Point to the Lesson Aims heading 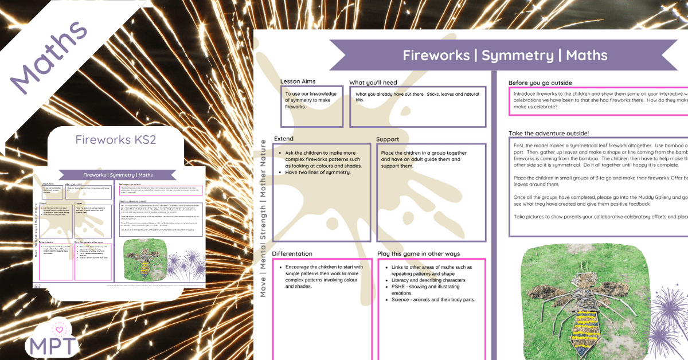point(298,81)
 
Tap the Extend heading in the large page point(283,139)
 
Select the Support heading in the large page point(388,139)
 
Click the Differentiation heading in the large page point(292,253)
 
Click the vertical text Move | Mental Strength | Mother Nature point(263,218)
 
